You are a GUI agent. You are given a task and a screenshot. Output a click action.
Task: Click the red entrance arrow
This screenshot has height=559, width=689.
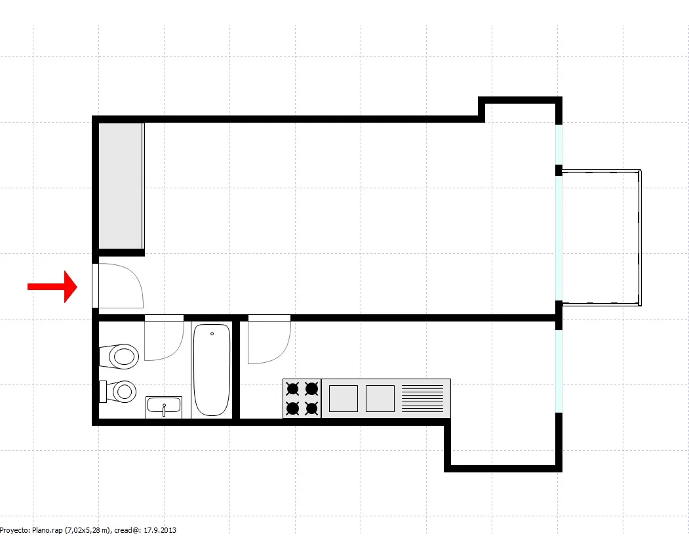pos(52,287)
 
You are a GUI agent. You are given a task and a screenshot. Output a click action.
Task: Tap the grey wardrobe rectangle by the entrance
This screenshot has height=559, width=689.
pos(121,186)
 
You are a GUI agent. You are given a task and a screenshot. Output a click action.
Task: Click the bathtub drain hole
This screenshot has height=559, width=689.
pos(212,334)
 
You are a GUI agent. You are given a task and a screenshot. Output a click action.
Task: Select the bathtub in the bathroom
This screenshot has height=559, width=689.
pos(212,370)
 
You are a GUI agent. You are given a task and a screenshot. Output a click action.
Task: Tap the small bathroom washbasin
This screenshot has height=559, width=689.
pos(164,407)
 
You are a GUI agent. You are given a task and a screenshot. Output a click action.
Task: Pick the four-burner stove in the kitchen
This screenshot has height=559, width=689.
pos(302,398)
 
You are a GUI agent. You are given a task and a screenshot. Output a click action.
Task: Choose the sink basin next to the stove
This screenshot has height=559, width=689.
pos(343,398)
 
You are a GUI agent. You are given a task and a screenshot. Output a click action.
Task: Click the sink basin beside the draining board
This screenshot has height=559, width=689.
pos(380,398)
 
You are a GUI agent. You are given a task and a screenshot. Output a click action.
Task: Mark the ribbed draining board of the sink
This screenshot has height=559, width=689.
pos(423,398)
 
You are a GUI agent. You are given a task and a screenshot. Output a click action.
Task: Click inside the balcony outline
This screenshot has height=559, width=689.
pos(600,238)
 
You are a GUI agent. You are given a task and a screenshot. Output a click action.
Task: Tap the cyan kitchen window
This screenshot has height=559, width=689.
pos(559,371)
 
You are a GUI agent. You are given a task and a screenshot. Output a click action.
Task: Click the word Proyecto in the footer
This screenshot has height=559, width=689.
pos(14,530)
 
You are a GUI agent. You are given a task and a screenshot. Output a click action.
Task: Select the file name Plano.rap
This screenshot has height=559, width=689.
pos(47,530)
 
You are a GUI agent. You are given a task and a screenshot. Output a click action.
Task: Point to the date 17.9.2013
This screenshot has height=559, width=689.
pos(160,530)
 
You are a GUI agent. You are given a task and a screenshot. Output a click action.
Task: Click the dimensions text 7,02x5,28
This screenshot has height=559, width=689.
pos(85,530)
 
